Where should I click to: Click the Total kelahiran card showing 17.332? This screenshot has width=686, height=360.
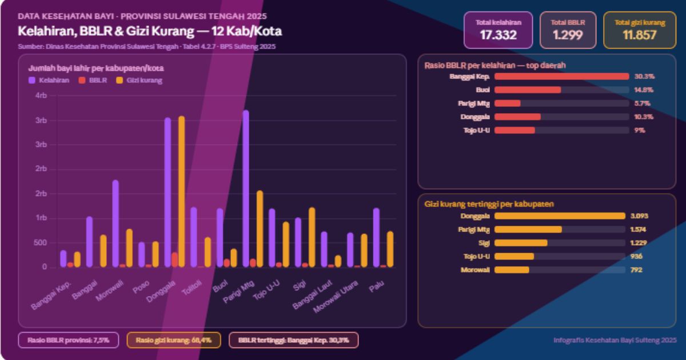(498, 30)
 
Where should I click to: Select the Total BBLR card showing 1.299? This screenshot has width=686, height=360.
(567, 30)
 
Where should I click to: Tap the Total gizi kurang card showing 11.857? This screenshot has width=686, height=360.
(639, 30)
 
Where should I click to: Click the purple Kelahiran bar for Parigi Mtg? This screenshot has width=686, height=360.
(246, 189)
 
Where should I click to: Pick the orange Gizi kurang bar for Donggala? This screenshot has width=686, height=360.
(182, 191)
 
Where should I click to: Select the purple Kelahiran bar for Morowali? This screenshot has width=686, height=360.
(115, 223)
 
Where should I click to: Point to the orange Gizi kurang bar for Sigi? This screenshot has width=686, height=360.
(312, 237)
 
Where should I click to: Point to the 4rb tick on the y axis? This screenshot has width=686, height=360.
(41, 96)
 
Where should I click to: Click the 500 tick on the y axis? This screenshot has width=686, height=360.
(41, 243)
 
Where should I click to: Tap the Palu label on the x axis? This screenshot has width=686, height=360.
(376, 290)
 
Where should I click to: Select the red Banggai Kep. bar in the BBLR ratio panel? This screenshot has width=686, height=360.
(561, 76)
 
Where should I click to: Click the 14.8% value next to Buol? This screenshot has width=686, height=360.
(643, 90)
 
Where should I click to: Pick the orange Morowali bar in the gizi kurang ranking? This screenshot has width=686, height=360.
(512, 270)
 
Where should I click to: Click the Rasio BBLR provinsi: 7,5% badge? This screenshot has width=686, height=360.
(68, 340)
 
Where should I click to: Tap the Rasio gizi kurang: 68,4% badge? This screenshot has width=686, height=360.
(173, 340)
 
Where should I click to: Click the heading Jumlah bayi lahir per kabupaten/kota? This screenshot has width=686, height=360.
(96, 69)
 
